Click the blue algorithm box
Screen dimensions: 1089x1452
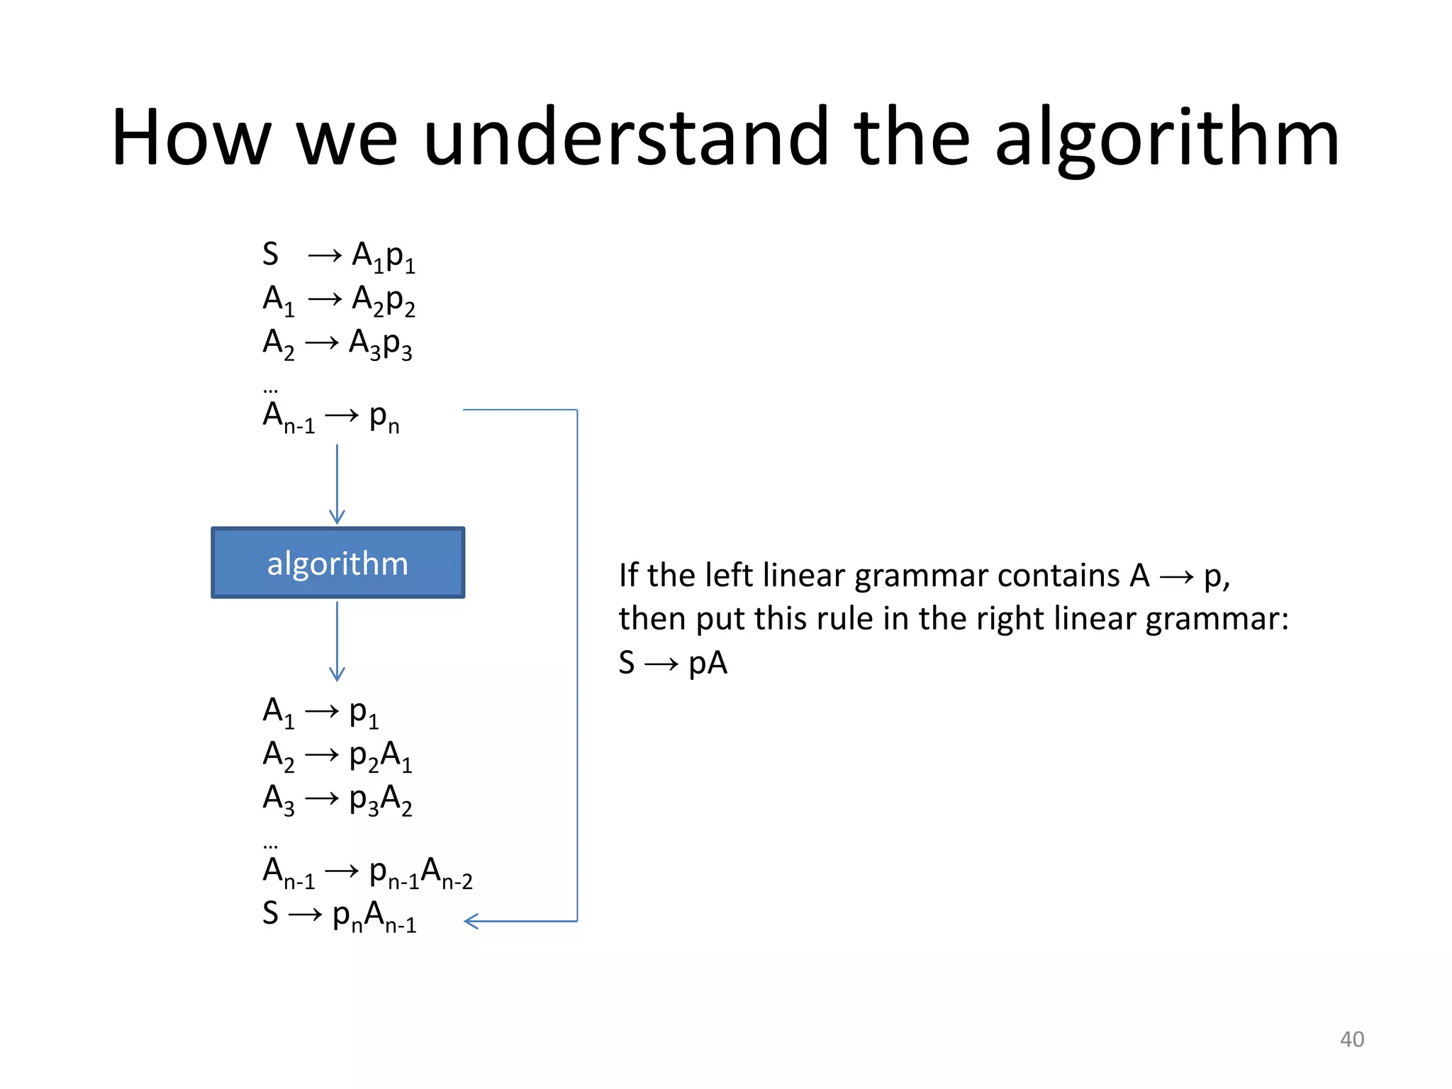pyautogui.click(x=337, y=563)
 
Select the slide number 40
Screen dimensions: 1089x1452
pyautogui.click(x=1351, y=1039)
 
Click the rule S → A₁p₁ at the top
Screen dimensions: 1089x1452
pyautogui.click(x=338, y=256)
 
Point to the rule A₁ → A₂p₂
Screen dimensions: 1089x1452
pyautogui.click(x=338, y=300)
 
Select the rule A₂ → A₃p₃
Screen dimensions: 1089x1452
pyautogui.click(x=337, y=344)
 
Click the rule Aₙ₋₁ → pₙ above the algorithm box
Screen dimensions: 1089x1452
pyautogui.click(x=330, y=417)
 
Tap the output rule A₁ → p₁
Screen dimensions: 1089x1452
pyautogui.click(x=320, y=712)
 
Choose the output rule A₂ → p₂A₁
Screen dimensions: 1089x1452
pyautogui.click(x=337, y=756)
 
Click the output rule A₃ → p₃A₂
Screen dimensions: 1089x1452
pyautogui.click(x=337, y=800)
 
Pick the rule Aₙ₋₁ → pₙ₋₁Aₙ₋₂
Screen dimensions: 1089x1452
pyautogui.click(x=367, y=873)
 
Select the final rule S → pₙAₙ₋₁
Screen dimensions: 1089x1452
pyautogui.click(x=339, y=916)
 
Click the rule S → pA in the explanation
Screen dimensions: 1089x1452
pyautogui.click(x=673, y=663)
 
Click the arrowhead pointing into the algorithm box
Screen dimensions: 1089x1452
pyautogui.click(x=337, y=517)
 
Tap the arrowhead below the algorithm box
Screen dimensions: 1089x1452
pyautogui.click(x=337, y=674)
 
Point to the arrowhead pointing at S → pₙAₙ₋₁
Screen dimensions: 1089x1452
pyautogui.click(x=471, y=921)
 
